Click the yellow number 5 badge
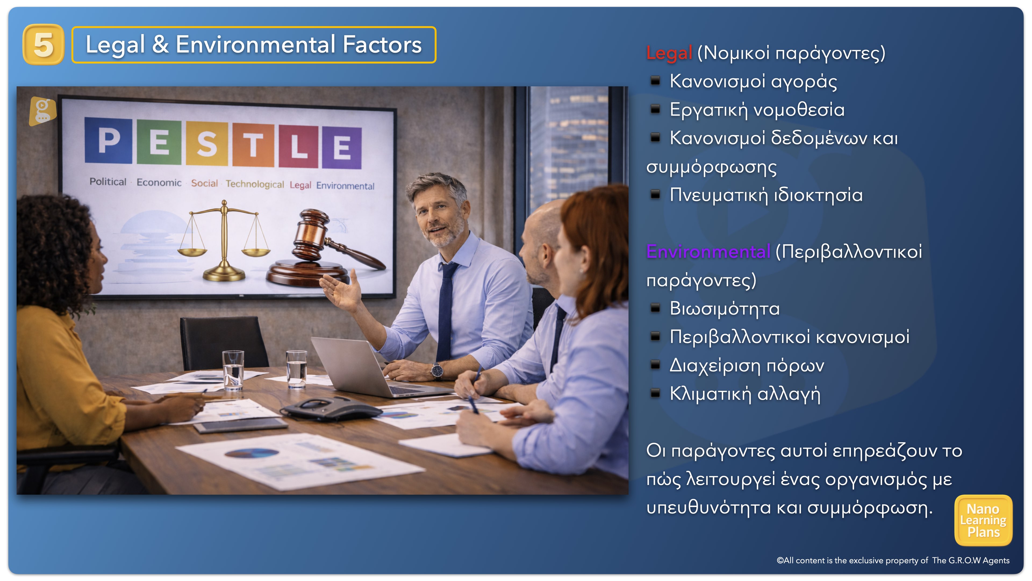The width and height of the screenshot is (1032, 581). (43, 44)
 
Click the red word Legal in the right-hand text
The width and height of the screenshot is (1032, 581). (669, 53)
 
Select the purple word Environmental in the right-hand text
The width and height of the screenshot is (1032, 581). (708, 252)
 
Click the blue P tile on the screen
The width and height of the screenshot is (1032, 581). (109, 140)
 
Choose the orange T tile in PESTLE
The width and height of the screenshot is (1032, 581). (253, 145)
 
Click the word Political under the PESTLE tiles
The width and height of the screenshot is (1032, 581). (108, 182)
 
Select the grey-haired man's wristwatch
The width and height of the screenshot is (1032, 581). (437, 370)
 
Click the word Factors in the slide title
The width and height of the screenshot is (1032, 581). (382, 44)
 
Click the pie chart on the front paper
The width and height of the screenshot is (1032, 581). (251, 453)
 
